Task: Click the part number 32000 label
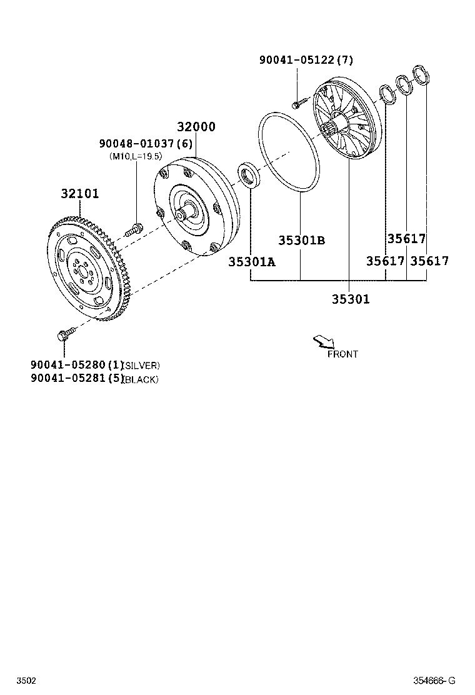click(195, 127)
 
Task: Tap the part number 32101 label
click(79, 193)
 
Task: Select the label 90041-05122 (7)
click(306, 60)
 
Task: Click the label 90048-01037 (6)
click(144, 144)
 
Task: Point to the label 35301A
click(251, 261)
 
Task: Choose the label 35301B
click(302, 241)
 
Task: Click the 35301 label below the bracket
click(351, 299)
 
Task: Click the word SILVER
click(142, 366)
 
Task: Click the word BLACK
click(141, 380)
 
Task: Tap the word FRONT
click(342, 354)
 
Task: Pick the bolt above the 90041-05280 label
click(65, 334)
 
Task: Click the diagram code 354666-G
click(434, 680)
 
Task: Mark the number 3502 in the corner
click(26, 680)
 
